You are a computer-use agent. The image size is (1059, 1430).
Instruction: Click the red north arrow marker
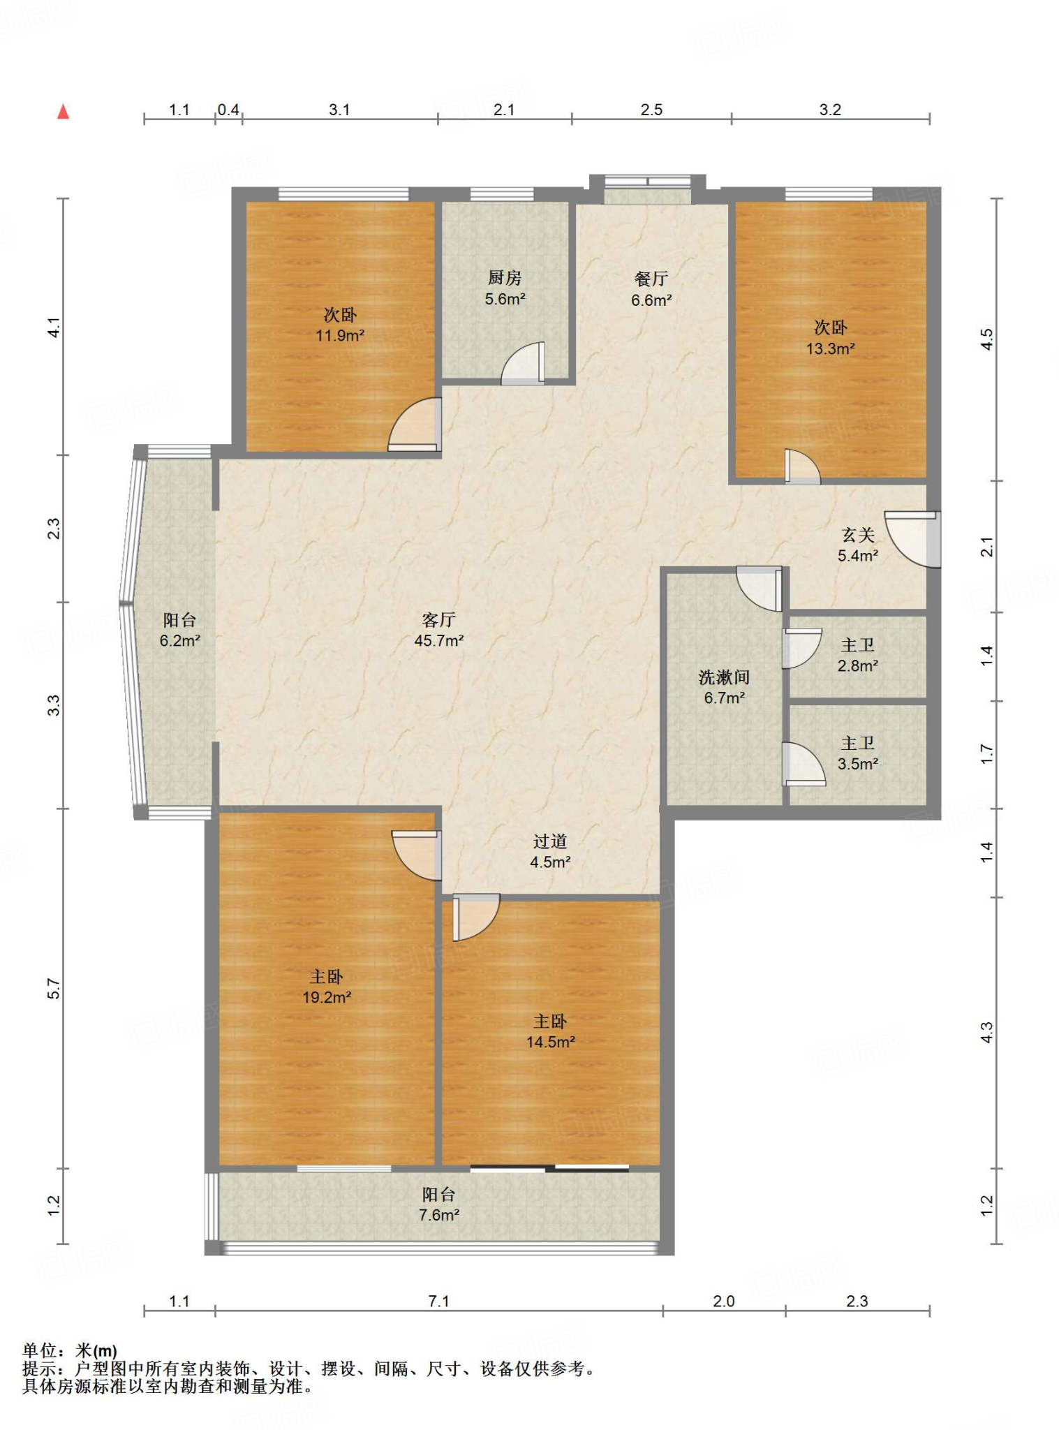click(x=64, y=112)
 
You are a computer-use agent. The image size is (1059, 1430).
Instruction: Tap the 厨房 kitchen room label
click(x=505, y=278)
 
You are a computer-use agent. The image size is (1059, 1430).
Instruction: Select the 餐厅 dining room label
click(x=651, y=279)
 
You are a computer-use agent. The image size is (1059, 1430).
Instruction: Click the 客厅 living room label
click(x=439, y=619)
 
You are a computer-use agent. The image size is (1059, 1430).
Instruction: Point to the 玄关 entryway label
click(x=858, y=535)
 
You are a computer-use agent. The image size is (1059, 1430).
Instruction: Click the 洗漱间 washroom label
click(x=724, y=677)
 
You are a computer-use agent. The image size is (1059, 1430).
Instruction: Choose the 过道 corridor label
click(x=550, y=841)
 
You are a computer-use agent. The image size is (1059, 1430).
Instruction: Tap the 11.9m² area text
click(x=340, y=336)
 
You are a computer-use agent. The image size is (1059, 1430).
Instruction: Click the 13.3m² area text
click(x=831, y=348)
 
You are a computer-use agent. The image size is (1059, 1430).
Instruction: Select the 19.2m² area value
click(x=327, y=998)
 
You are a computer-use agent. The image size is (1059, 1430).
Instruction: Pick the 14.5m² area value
click(x=551, y=1042)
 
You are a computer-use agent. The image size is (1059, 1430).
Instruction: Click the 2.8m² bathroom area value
click(x=858, y=666)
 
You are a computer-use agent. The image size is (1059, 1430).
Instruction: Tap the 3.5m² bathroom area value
click(x=858, y=765)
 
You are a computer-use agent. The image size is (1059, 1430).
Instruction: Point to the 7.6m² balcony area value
click(x=439, y=1216)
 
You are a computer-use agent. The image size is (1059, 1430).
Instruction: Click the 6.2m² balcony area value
click(x=180, y=641)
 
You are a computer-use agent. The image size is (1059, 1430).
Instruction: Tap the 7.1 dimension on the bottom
click(x=439, y=1301)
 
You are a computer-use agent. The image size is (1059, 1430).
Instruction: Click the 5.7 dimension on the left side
click(x=54, y=989)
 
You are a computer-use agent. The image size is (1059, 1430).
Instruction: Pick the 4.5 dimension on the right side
click(x=986, y=339)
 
